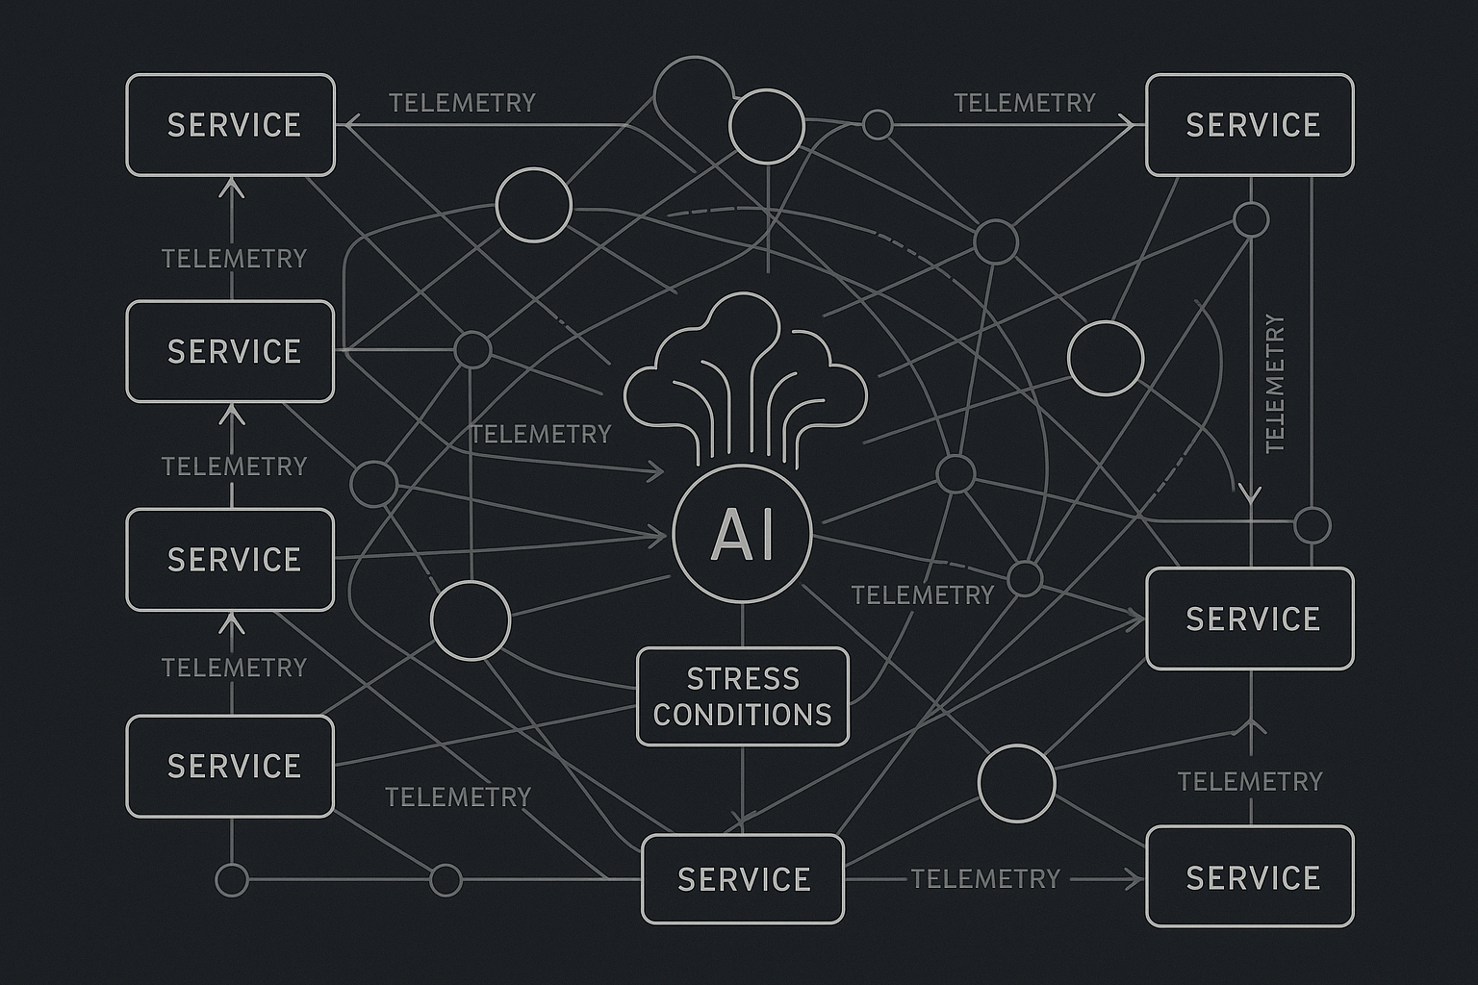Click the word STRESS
[743, 679]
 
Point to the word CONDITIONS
[743, 715]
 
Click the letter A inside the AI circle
[727, 535]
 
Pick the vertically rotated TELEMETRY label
[1275, 383]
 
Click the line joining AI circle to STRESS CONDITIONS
[742, 625]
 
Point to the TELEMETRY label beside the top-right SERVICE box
[1025, 103]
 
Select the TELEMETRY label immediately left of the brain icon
[541, 434]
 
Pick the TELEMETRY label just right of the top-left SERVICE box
[462, 103]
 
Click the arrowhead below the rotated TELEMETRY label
[1250, 494]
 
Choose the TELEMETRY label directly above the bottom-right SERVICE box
[1250, 782]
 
